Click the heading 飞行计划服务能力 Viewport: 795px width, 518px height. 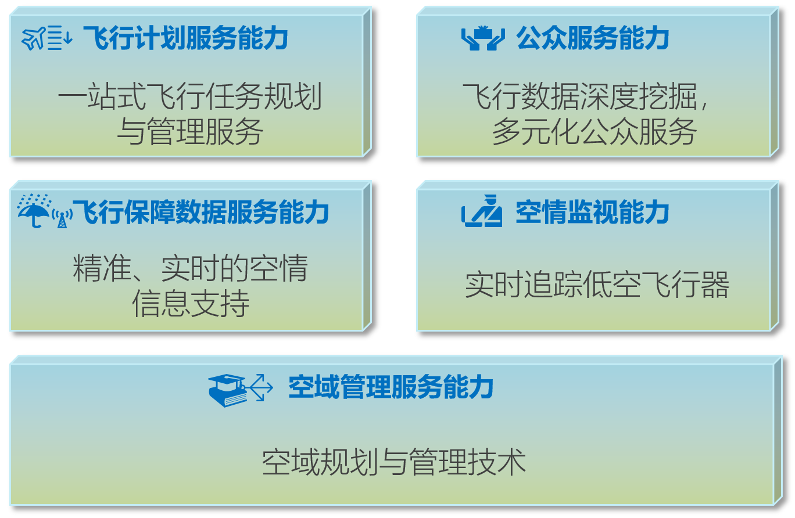coord(185,39)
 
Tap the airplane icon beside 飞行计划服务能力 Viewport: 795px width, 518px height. coord(34,39)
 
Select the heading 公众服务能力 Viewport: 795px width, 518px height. coord(593,39)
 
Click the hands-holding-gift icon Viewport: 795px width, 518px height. coord(482,39)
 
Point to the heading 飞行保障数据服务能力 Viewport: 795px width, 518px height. coord(200,213)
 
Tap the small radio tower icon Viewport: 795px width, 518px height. coord(62,218)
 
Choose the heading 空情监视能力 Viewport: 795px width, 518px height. coord(593,213)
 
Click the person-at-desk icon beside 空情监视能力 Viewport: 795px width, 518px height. coord(482,213)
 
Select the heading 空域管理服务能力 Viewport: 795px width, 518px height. coord(391,387)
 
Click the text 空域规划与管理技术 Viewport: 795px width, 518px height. coord(394,462)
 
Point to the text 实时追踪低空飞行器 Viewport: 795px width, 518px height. coord(597,286)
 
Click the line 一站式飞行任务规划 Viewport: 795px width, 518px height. coord(190,96)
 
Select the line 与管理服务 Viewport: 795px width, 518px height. coord(190,131)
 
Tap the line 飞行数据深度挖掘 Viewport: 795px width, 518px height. coord(587,96)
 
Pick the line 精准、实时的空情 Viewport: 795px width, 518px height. coord(190,268)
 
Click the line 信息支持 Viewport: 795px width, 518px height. coord(190,303)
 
